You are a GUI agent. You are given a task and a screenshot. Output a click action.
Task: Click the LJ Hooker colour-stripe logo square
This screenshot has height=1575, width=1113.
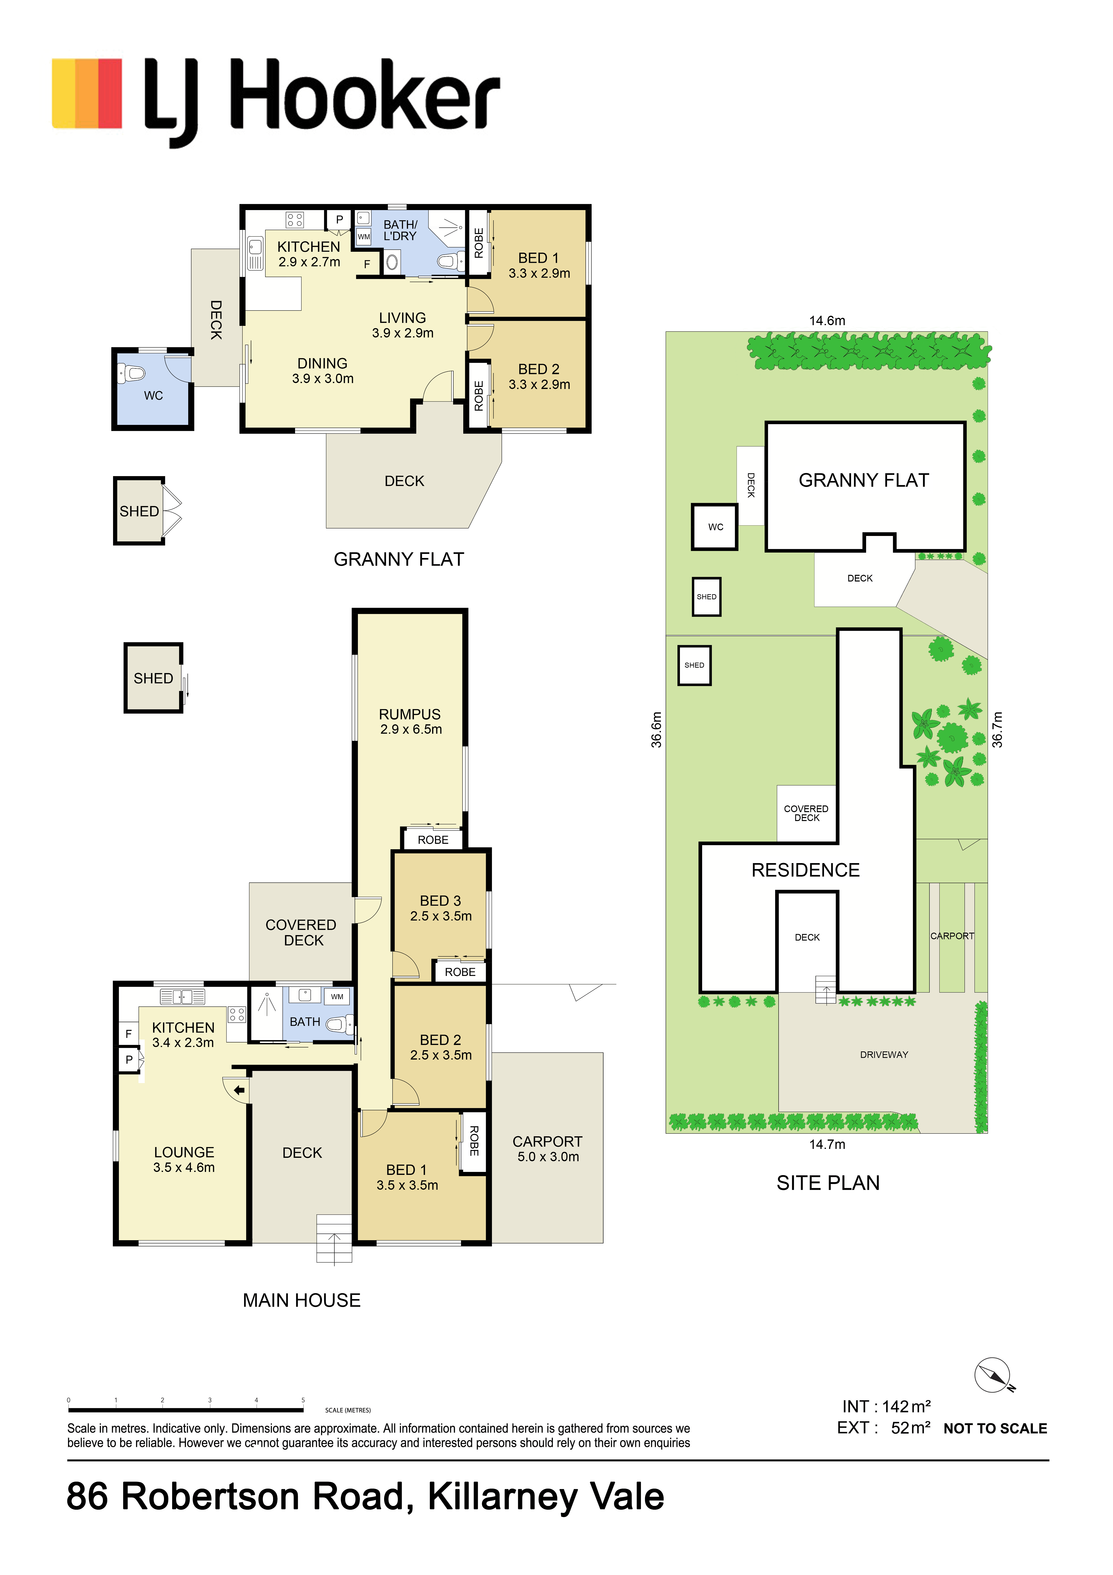(87, 93)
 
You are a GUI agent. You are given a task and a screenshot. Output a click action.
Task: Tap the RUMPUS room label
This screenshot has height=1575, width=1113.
(410, 714)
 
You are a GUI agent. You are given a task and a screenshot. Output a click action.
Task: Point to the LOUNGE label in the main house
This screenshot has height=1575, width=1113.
(184, 1152)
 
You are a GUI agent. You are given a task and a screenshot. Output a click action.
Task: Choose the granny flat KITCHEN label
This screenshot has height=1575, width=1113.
(309, 246)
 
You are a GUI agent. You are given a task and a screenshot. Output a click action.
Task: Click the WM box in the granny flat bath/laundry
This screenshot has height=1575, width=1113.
(364, 237)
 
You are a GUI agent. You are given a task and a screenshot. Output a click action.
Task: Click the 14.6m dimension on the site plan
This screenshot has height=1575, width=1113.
(827, 320)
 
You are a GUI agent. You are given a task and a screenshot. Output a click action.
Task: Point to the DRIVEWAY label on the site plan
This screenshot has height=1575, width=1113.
(884, 1054)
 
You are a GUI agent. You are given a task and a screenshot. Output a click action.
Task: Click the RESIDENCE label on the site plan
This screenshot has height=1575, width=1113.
(806, 870)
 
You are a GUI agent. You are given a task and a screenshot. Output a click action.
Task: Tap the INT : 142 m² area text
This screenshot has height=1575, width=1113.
(886, 1406)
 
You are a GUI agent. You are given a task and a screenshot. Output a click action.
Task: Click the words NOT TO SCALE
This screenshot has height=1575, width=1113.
(995, 1428)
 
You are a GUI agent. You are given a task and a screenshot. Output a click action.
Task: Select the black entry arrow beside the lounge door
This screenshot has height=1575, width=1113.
(239, 1089)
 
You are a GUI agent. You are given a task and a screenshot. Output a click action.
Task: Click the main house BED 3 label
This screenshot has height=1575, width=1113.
(440, 901)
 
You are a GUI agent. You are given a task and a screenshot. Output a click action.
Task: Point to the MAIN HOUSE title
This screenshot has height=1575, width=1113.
(302, 1300)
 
